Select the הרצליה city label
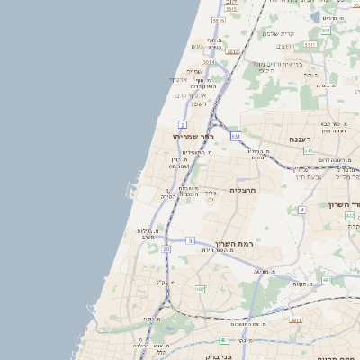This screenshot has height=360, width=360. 244,191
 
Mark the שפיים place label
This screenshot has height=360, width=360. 194,71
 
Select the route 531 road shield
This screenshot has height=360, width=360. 235,136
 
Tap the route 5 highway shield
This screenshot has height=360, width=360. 190,240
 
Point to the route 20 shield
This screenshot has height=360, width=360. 166,249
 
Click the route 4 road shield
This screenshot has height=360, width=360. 302,210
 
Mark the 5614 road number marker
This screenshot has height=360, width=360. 208,62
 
